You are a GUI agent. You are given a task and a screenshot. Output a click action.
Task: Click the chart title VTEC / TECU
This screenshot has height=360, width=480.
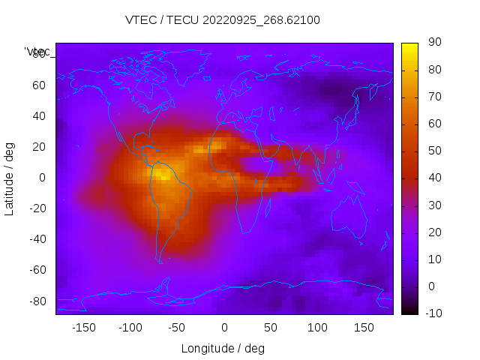[223, 20]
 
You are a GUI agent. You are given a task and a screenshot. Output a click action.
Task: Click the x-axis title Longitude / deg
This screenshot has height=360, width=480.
[223, 348]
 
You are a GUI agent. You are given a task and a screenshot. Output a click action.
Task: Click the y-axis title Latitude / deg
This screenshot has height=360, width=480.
[10, 178]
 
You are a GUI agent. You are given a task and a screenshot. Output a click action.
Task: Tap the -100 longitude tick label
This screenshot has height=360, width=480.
[130, 328]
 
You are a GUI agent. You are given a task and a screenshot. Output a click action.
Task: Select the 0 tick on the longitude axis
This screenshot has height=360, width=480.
[224, 328]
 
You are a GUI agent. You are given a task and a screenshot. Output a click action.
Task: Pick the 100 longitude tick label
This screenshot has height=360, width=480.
[317, 328]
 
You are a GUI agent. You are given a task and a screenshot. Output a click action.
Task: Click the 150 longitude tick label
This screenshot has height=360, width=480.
[364, 328]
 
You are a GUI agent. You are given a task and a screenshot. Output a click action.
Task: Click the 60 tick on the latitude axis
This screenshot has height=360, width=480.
[38, 85]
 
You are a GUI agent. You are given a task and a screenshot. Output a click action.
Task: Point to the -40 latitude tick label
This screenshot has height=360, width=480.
[36, 239]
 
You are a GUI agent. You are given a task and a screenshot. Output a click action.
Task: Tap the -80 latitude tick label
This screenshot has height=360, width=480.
[36, 301]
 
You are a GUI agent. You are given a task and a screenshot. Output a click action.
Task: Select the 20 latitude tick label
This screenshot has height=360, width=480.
[38, 147]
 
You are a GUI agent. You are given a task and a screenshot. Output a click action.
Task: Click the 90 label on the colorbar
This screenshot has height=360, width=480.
[434, 43]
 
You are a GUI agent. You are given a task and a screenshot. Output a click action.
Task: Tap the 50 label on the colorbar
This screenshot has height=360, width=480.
[434, 151]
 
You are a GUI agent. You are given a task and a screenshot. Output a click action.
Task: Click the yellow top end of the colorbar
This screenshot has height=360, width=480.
[409, 46]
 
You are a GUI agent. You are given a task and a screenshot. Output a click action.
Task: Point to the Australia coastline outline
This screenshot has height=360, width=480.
[350, 217]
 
